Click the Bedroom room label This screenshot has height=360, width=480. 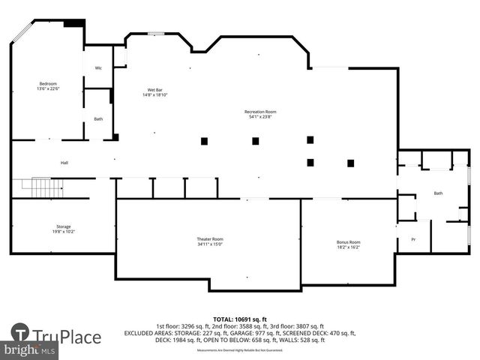pos(48,83)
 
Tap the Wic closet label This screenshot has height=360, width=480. pos(98,68)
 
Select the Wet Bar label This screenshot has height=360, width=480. pos(154,91)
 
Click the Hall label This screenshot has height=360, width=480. pos(64,162)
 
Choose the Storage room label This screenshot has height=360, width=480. pos(63,226)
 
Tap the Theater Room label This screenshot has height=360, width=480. pos(209,238)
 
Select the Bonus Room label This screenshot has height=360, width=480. pos(348,242)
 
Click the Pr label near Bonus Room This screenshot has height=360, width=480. pos(412,239)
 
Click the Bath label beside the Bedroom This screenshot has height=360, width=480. pos(98,118)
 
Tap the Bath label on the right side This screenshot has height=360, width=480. pos(438,193)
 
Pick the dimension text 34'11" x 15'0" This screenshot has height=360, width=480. pos(209,244)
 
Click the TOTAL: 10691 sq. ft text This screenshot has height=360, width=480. pos(240,319)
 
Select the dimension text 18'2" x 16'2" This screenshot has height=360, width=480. pos(348,247)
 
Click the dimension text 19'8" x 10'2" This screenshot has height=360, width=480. pos(63,232)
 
